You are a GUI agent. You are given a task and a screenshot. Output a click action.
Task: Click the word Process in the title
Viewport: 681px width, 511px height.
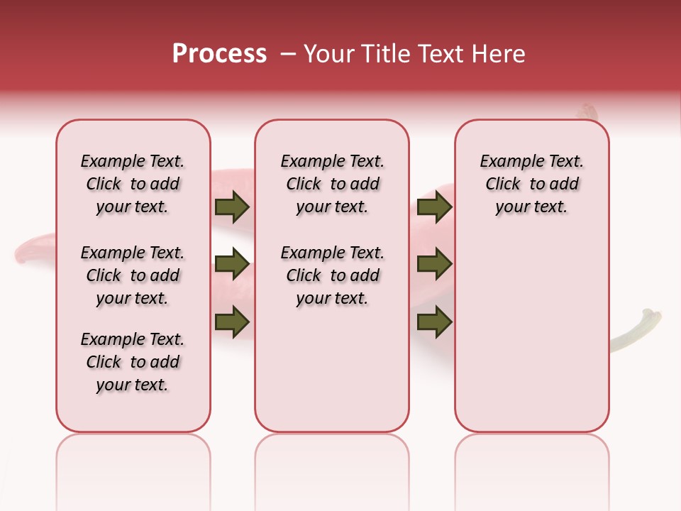click(x=219, y=54)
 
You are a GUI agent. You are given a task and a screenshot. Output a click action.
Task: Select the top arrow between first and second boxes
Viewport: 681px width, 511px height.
click(x=232, y=207)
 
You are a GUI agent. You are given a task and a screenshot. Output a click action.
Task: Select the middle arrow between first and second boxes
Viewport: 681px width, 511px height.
click(x=232, y=264)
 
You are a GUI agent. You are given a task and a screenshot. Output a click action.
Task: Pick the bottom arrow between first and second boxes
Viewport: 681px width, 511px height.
click(x=232, y=322)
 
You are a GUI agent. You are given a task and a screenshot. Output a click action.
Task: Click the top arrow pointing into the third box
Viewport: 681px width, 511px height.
click(x=435, y=207)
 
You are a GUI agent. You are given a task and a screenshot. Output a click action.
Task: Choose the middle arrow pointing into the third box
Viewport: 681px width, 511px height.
click(x=435, y=264)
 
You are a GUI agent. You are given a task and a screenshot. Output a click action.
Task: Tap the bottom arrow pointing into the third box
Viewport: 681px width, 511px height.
click(x=435, y=322)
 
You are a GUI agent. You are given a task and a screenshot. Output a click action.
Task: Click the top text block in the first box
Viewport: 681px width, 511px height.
click(x=133, y=184)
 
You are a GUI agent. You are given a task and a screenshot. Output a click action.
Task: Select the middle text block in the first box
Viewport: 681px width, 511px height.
click(x=133, y=275)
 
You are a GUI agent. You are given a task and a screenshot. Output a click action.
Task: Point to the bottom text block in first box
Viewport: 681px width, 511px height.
click(x=133, y=362)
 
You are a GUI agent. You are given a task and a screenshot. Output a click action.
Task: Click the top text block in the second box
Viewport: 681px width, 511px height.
click(x=333, y=184)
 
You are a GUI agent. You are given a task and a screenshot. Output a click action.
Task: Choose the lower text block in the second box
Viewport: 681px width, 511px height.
click(x=333, y=275)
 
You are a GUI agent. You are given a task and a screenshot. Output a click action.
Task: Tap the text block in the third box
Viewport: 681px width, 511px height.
click(x=532, y=184)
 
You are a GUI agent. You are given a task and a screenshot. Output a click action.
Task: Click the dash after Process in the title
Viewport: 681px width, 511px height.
click(x=288, y=54)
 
